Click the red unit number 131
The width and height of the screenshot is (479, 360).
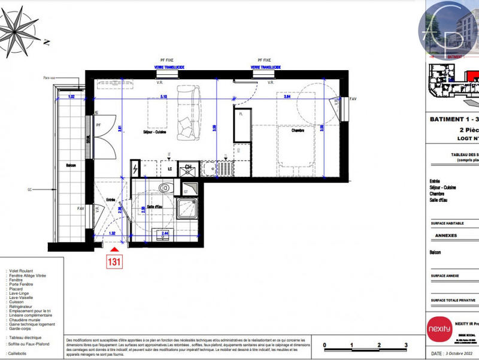tap(114, 261)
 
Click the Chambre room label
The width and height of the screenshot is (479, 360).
tap(290, 129)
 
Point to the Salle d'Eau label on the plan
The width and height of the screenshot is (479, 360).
tap(155, 207)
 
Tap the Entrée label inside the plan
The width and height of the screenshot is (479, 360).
tap(110, 200)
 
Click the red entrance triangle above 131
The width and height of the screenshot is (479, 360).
tap(114, 247)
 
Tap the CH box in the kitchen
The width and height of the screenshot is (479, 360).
tap(188, 167)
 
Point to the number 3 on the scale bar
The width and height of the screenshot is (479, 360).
tap(406, 346)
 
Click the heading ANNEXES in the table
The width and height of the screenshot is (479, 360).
tap(445, 235)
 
